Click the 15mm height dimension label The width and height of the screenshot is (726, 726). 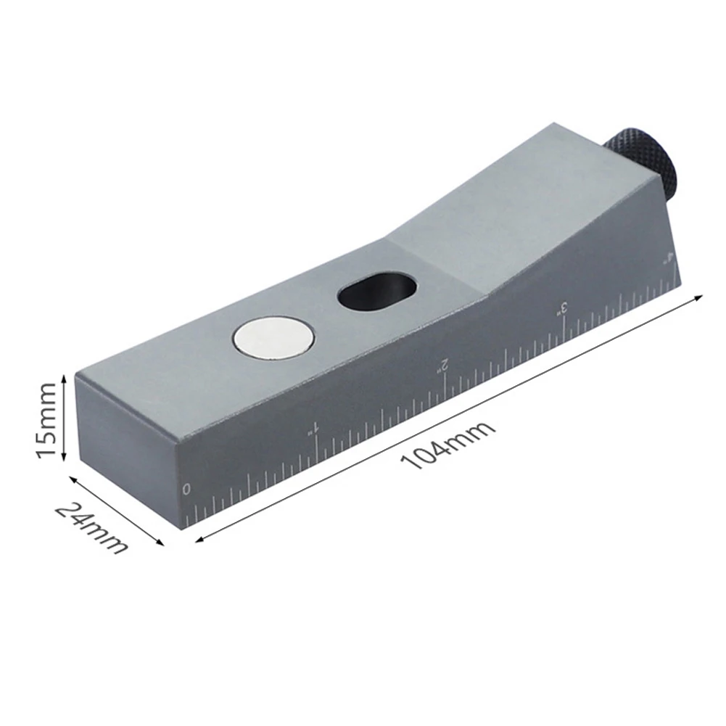(46, 418)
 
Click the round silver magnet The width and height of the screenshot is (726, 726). (273, 339)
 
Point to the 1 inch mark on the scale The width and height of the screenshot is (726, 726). (315, 429)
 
